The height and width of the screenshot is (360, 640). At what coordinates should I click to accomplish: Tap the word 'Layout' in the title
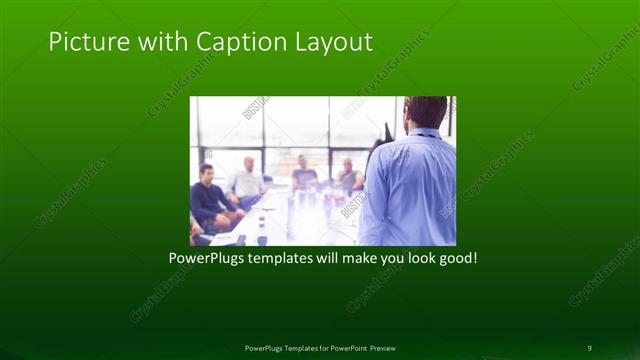(331, 42)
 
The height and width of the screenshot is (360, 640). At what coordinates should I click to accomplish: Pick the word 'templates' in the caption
(283, 257)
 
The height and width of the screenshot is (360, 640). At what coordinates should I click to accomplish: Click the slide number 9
(589, 347)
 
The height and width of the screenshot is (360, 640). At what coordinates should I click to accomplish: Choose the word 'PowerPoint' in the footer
(344, 347)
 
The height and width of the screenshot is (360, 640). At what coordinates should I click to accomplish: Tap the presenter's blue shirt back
(411, 190)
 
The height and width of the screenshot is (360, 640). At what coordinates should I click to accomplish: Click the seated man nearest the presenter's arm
(349, 177)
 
